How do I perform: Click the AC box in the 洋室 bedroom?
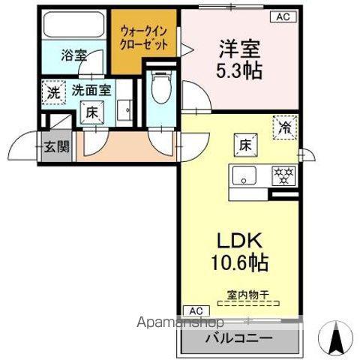pyautogui.click(x=283, y=16)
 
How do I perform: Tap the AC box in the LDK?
pyautogui.click(x=196, y=311)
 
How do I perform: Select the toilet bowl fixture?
pyautogui.click(x=161, y=87)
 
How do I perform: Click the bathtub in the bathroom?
pyautogui.click(x=74, y=25)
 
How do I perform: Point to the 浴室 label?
pyautogui.click(x=74, y=55)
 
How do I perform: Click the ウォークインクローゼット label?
pyautogui.click(x=144, y=38)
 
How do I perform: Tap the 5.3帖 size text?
pyautogui.click(x=239, y=70)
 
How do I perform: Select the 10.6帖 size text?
pyautogui.click(x=240, y=262)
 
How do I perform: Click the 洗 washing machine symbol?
pyautogui.click(x=54, y=92)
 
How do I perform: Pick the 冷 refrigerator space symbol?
pyautogui.click(x=285, y=127)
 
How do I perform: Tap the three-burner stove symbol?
pyautogui.click(x=283, y=176)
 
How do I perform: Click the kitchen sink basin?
pyautogui.click(x=244, y=175)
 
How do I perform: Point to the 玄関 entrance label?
pyautogui.click(x=57, y=146)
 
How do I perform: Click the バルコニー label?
pyautogui.click(x=239, y=338)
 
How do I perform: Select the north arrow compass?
pyautogui.click(x=335, y=337)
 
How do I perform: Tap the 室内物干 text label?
pyautogui.click(x=247, y=295)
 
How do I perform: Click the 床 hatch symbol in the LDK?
pyautogui.click(x=246, y=145)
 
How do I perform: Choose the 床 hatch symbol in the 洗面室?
pyautogui.click(x=91, y=112)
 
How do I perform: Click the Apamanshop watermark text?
pyautogui.click(x=180, y=322)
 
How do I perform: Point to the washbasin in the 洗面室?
pyautogui.click(x=124, y=109)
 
